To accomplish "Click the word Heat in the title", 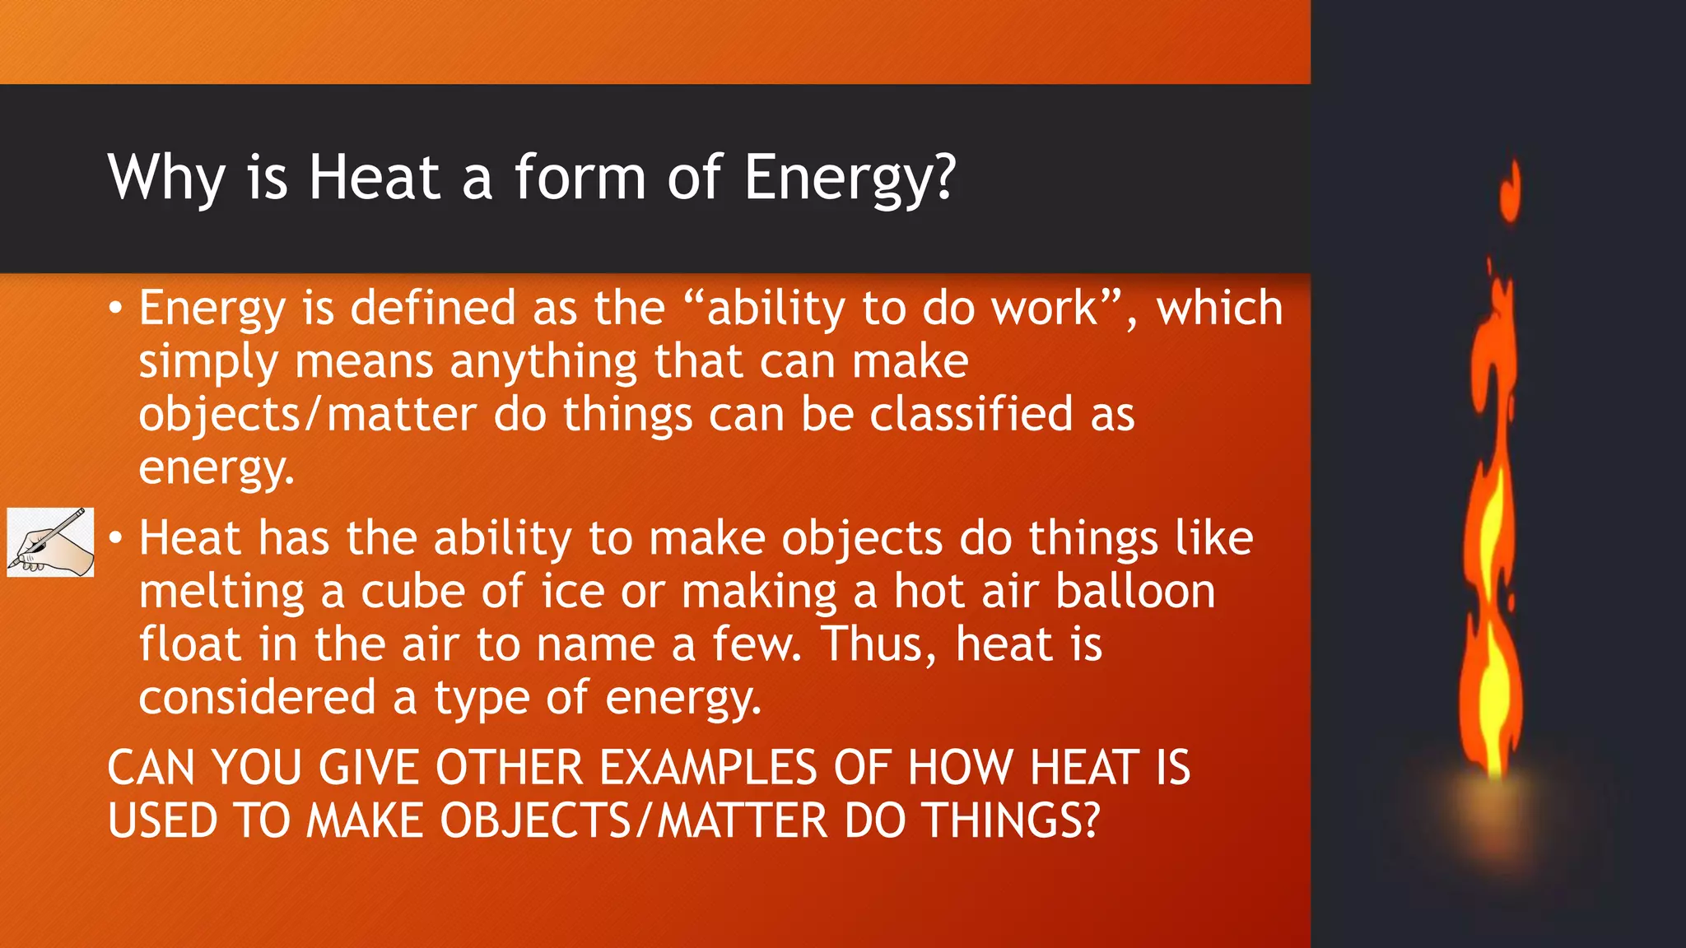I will click(x=375, y=177).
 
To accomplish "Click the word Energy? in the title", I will click(x=850, y=177).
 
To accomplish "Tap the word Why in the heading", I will click(x=166, y=177).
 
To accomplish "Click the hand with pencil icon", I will click(x=50, y=542).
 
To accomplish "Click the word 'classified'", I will click(x=971, y=414).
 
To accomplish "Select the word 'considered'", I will click(x=257, y=698).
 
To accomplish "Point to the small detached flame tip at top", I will click(x=1511, y=191).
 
